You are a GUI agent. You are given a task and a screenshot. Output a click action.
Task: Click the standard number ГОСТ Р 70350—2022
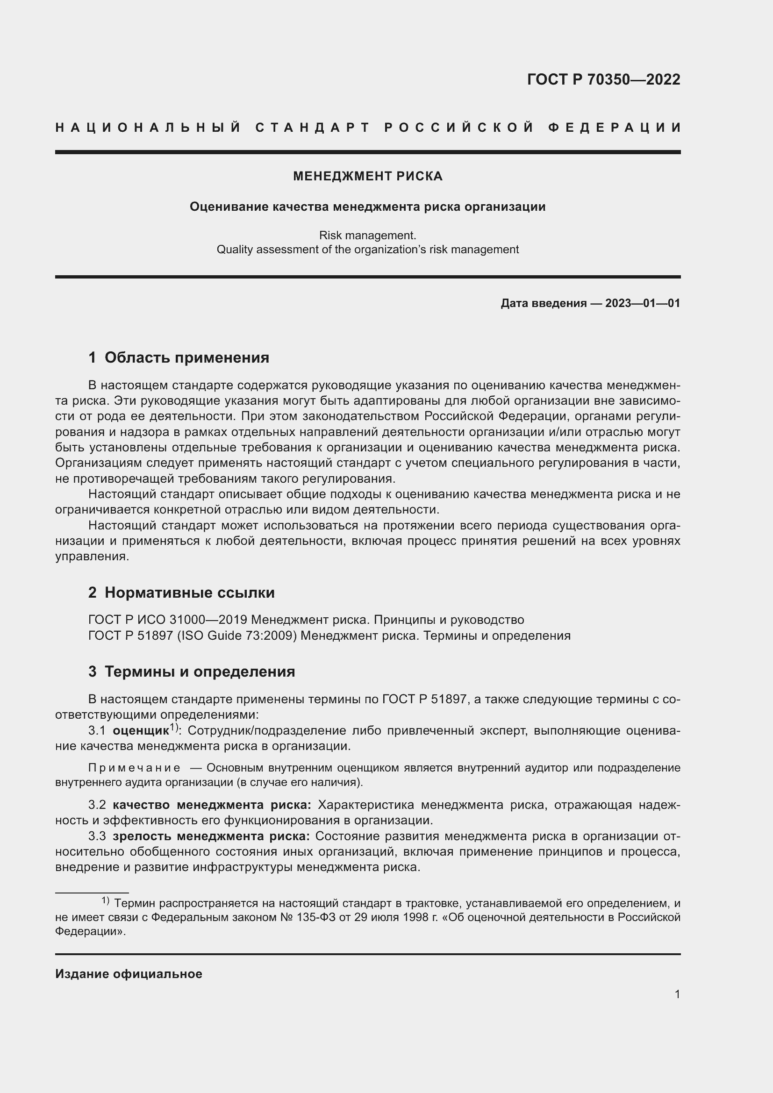pyautogui.click(x=603, y=79)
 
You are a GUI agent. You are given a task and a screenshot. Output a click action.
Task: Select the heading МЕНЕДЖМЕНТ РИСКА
pyautogui.click(x=367, y=176)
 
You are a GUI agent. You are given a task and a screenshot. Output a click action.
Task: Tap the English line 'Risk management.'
pyautogui.click(x=367, y=235)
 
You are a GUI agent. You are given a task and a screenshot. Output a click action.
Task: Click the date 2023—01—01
pyautogui.click(x=642, y=303)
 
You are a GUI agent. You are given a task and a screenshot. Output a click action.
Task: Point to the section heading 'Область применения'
pyautogui.click(x=186, y=357)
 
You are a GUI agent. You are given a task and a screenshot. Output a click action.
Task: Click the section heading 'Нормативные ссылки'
pyautogui.click(x=189, y=593)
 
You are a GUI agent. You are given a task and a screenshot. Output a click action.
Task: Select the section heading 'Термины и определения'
pyautogui.click(x=200, y=672)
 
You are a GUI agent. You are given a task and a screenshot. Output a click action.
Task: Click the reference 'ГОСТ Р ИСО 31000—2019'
pyautogui.click(x=168, y=620)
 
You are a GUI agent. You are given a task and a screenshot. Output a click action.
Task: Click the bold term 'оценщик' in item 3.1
pyautogui.click(x=140, y=731)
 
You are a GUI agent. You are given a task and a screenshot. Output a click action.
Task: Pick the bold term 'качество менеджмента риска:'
pyautogui.click(x=211, y=805)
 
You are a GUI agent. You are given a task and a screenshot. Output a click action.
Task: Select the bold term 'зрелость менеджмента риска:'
pyautogui.click(x=211, y=836)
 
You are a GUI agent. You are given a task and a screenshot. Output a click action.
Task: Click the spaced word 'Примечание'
pyautogui.click(x=134, y=768)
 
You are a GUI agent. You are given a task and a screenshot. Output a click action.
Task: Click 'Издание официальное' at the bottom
pyautogui.click(x=129, y=974)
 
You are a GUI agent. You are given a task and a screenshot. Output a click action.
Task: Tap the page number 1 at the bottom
pyautogui.click(x=677, y=994)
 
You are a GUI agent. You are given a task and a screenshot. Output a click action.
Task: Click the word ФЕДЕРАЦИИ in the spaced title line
pyautogui.click(x=615, y=128)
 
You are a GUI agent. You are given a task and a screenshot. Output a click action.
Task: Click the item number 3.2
pyautogui.click(x=97, y=805)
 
